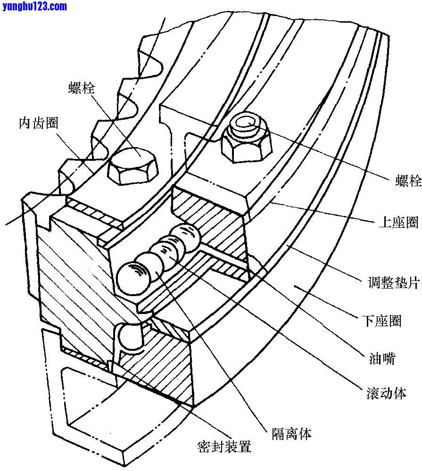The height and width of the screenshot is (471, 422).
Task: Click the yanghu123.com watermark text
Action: (x=34, y=6)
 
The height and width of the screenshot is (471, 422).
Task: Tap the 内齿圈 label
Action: (x=39, y=123)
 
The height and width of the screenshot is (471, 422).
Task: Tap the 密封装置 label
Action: (x=224, y=446)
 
